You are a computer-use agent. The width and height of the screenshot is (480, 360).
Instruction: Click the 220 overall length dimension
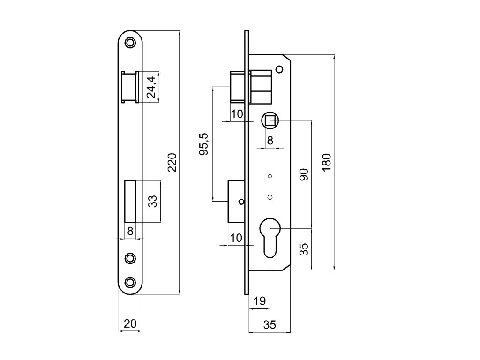172,162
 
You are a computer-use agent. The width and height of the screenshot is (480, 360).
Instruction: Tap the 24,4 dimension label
151,87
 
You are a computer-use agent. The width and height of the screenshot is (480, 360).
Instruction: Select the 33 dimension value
152,201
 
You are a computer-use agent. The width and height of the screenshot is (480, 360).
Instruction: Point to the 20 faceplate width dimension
130,323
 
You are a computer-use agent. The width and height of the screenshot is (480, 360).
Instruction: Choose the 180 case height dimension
327,162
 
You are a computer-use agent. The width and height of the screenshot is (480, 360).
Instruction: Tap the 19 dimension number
259,301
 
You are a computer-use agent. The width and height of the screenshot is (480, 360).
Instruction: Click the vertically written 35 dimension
303,249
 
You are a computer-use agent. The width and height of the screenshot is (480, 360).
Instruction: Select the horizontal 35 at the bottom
269,324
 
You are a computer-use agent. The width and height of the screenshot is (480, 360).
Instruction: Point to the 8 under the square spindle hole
270,140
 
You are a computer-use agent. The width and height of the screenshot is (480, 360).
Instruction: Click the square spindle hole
270,121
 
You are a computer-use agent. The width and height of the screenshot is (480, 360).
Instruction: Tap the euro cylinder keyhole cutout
270,237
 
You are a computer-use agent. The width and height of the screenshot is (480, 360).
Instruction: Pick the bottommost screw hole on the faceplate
130,282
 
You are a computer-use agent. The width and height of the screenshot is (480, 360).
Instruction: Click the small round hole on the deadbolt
241,202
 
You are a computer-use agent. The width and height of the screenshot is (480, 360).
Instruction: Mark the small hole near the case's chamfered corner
279,70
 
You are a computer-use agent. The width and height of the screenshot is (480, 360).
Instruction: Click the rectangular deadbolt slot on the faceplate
130,201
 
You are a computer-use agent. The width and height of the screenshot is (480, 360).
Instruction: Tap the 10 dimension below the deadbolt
237,238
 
